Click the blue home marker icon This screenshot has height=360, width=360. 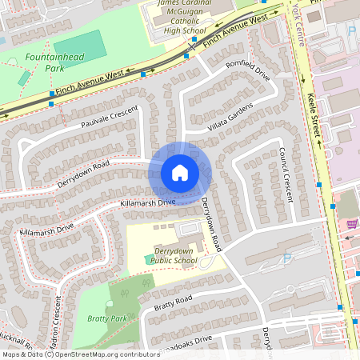tap(179, 172)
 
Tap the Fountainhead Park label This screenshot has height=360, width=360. tap(44, 63)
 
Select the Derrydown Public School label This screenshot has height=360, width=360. tap(174, 254)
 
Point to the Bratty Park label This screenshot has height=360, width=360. tap(106, 318)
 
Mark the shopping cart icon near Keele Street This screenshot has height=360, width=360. tap(352, 224)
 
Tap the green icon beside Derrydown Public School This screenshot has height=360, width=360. tap(149, 258)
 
